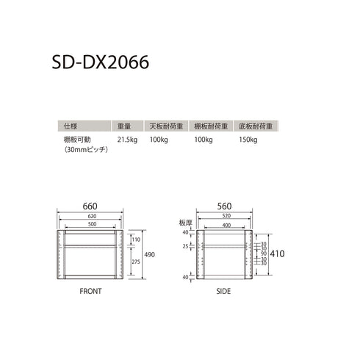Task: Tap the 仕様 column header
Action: point(72,126)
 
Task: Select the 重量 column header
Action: point(124,126)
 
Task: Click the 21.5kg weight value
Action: point(128,139)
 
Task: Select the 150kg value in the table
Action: point(248,139)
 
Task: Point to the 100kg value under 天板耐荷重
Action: point(159,139)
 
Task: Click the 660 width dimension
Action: point(90,206)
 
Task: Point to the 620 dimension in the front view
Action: point(90,217)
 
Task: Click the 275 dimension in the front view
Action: point(136,262)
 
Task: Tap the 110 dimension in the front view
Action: point(136,240)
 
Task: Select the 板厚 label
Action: point(184,222)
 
